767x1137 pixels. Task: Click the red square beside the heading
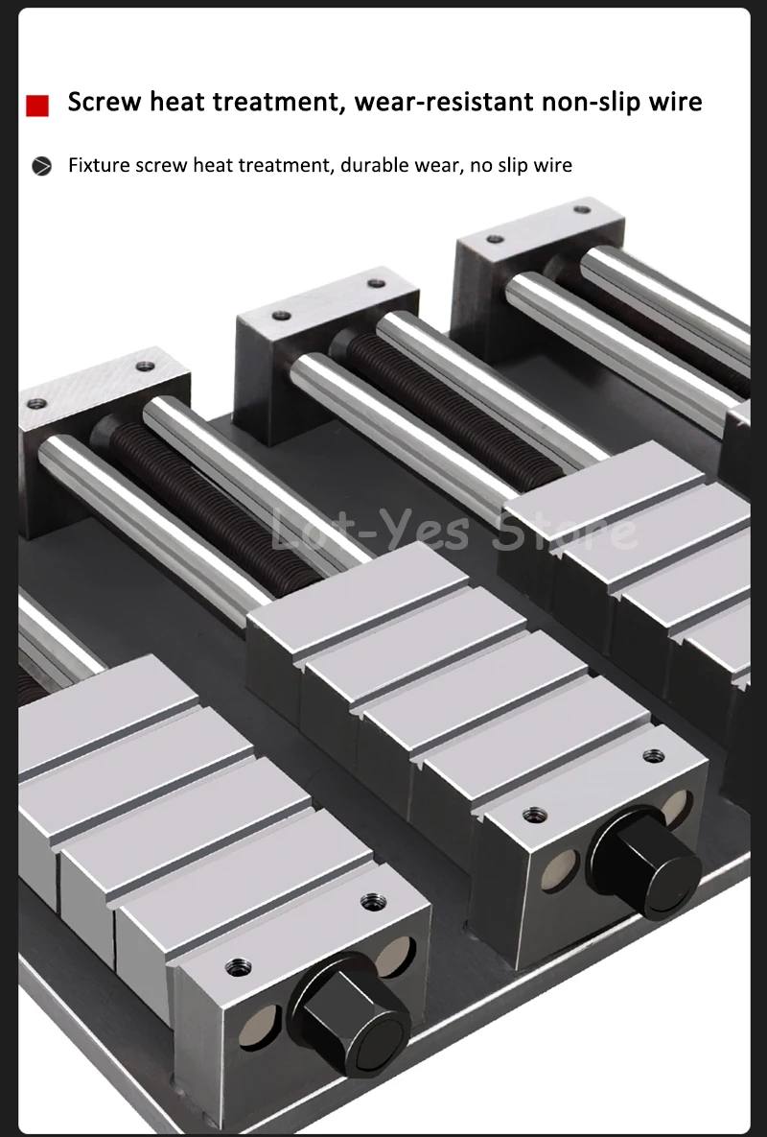point(37,106)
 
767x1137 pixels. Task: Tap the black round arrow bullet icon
point(42,166)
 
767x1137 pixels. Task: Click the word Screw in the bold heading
point(105,102)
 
